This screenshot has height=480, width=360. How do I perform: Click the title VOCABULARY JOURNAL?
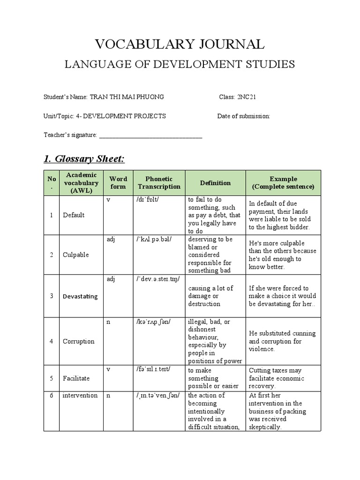[x=180, y=44]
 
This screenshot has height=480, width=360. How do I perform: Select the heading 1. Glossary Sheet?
[x=84, y=159]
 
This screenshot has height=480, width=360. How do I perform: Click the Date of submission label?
[x=244, y=116]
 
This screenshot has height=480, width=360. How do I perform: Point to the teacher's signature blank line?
[x=151, y=135]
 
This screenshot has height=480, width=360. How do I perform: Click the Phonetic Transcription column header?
[x=159, y=183]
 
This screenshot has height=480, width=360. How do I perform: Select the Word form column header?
[x=118, y=183]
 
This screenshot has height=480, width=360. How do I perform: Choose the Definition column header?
[x=215, y=183]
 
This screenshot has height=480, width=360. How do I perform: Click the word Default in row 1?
[x=74, y=215]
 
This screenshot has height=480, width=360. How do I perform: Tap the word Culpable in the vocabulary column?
[x=75, y=255]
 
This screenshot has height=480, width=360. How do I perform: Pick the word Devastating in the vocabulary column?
[x=80, y=296]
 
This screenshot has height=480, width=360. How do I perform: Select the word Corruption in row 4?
[x=78, y=341]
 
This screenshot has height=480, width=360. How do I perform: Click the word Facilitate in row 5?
[x=76, y=377]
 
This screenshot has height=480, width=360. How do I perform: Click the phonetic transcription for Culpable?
[x=154, y=239]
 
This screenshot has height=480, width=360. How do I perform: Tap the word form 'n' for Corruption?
[x=108, y=322]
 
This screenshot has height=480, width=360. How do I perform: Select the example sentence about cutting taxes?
[x=276, y=378]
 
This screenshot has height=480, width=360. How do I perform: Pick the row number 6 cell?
[x=52, y=395]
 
